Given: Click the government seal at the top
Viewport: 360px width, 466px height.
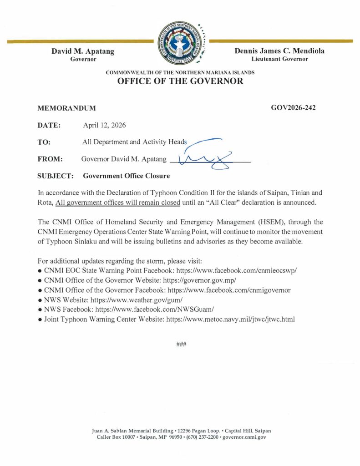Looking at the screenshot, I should pyautogui.click(x=180, y=45).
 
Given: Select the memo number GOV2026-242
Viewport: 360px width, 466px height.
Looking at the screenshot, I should pyautogui.click(x=294, y=108).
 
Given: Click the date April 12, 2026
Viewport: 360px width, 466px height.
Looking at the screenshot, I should pyautogui.click(x=104, y=125).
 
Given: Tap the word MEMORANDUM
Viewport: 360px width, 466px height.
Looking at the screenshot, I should pyautogui.click(x=66, y=108).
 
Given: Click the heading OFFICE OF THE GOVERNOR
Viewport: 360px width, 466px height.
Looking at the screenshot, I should pyautogui.click(x=180, y=81).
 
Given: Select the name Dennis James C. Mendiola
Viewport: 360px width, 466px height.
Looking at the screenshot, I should pyautogui.click(x=279, y=51).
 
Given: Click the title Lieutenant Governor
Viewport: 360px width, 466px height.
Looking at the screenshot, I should pyautogui.click(x=279, y=59).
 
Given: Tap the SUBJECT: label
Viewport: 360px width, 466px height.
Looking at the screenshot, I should pyautogui.click(x=55, y=176).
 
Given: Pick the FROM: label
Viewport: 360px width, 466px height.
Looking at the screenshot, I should pyautogui.click(x=50, y=159).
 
